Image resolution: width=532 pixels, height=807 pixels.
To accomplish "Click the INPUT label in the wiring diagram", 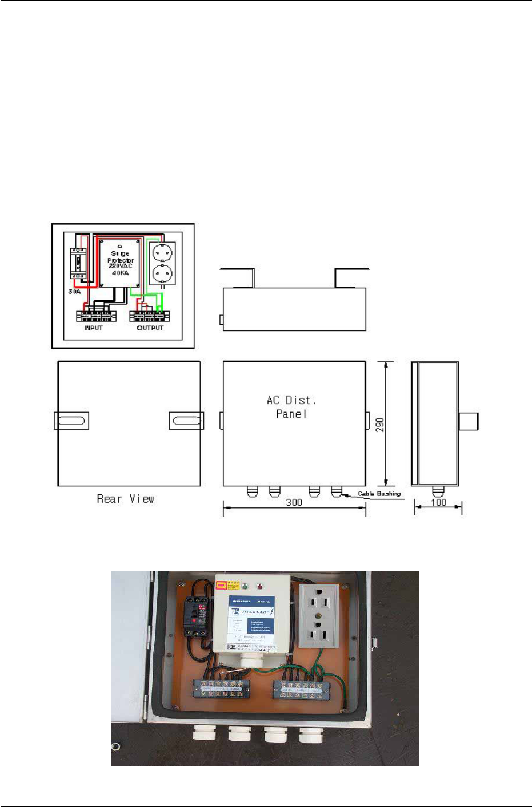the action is [93, 328].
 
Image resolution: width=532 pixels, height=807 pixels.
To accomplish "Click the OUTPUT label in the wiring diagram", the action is [150, 328].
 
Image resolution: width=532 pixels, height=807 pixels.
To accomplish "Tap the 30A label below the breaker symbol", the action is [75, 291].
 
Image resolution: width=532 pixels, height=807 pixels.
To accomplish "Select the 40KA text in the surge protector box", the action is [121, 273].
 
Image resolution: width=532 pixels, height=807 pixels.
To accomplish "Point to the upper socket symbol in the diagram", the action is [162, 253].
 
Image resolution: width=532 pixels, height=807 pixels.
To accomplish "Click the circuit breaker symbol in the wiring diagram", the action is [78, 263].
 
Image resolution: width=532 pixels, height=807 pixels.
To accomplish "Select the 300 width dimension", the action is [294, 502].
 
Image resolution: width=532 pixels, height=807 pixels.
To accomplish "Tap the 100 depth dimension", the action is [438, 502].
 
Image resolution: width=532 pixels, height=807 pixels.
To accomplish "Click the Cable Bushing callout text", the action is [379, 494].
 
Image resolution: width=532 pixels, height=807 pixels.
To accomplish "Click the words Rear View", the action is [125, 499].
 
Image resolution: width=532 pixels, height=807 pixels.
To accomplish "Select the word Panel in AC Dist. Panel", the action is [291, 414].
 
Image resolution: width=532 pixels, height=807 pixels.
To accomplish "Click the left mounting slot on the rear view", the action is [71, 421].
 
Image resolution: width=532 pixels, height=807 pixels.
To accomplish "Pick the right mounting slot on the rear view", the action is [186, 421].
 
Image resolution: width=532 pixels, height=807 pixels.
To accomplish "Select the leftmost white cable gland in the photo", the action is [203, 732].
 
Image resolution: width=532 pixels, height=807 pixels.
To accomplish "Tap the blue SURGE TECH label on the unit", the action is [251, 619].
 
